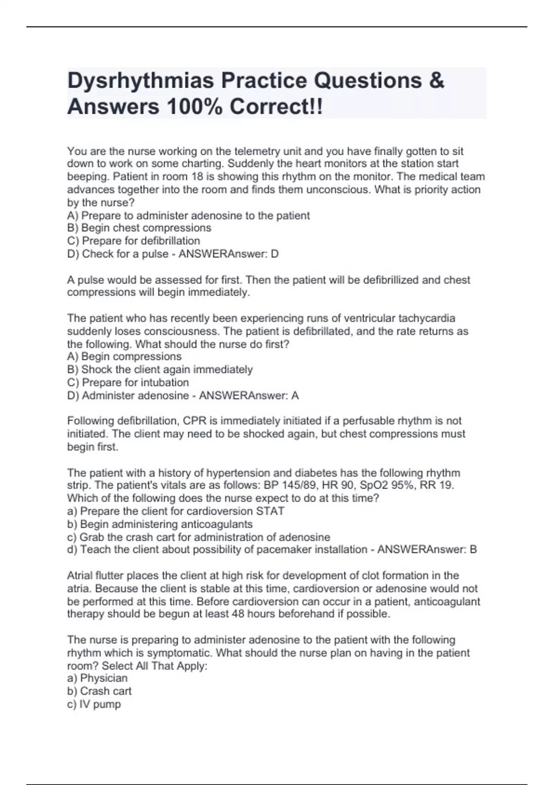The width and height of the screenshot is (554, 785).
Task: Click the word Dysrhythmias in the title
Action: [x=141, y=81]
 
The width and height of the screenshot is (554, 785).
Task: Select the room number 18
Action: [x=197, y=176]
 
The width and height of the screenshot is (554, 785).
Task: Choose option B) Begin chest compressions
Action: [x=139, y=228]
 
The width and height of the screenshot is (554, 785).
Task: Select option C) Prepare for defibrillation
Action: [x=133, y=241]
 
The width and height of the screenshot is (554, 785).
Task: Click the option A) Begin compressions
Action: [x=124, y=356]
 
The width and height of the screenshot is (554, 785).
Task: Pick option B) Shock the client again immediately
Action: [x=160, y=369]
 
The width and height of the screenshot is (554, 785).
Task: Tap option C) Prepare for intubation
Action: [x=128, y=382]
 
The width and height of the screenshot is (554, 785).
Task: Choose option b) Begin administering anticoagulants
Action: [x=160, y=524]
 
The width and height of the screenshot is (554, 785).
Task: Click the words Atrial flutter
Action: [x=95, y=575]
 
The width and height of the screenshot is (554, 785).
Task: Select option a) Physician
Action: [x=97, y=678]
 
